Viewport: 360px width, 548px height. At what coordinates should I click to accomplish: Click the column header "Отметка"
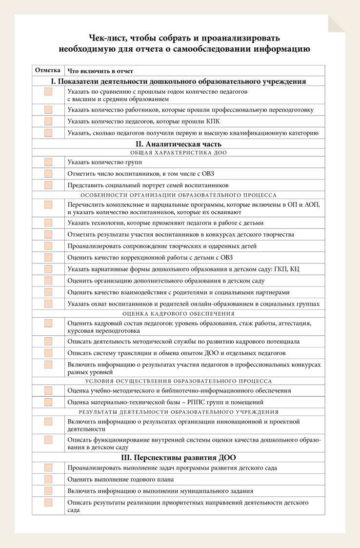pyautogui.click(x=48, y=70)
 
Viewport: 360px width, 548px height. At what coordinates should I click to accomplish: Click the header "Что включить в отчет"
pyautogui.click(x=100, y=71)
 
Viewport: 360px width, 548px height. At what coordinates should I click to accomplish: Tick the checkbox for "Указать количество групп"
pyautogui.click(x=48, y=162)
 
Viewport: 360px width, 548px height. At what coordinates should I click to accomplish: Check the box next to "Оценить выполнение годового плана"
pyautogui.click(x=48, y=479)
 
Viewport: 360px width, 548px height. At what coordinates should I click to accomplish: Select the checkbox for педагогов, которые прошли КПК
pyautogui.click(x=48, y=121)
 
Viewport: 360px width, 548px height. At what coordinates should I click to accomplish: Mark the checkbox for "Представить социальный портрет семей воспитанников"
pyautogui.click(x=48, y=185)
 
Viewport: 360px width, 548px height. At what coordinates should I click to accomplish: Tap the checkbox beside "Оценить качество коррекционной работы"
pyautogui.click(x=48, y=258)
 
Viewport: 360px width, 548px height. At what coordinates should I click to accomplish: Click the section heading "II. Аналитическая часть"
pyautogui.click(x=178, y=144)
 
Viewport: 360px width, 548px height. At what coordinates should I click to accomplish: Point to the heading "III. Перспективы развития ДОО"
pyautogui.click(x=178, y=458)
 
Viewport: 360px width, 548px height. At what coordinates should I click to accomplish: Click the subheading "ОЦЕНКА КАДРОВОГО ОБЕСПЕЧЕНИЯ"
pyautogui.click(x=178, y=314)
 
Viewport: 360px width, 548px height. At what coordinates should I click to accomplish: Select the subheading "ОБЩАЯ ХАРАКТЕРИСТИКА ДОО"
pyautogui.click(x=178, y=153)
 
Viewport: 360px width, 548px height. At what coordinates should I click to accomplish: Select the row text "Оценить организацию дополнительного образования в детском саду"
pyautogui.click(x=166, y=281)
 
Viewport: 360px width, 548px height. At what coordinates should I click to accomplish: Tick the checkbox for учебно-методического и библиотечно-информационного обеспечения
pyautogui.click(x=48, y=391)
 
